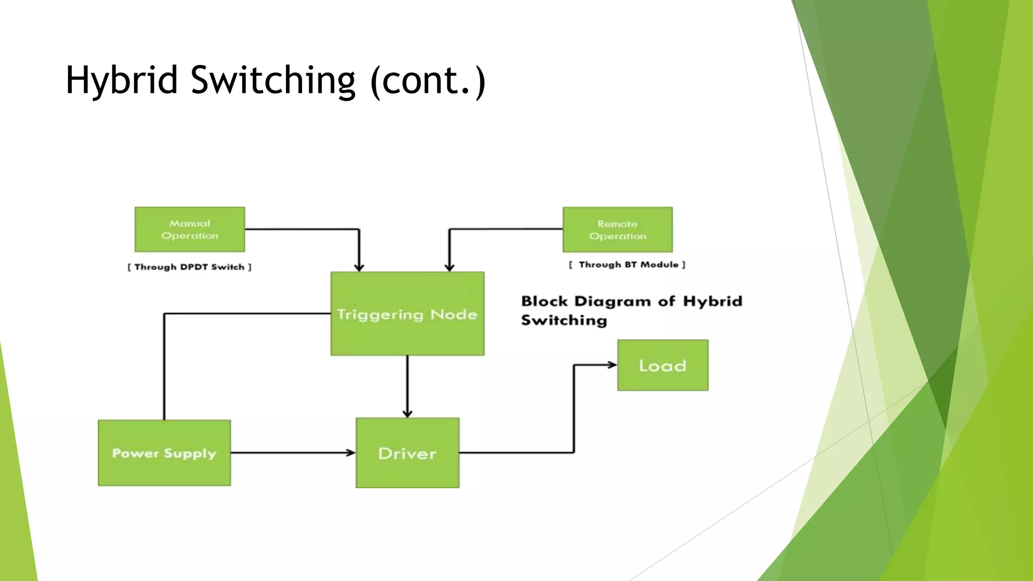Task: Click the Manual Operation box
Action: tap(190, 229)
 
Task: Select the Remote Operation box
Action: tap(617, 229)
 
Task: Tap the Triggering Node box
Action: tap(407, 314)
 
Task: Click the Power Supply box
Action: tap(164, 453)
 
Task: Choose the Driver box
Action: tap(407, 453)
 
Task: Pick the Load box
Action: tap(662, 365)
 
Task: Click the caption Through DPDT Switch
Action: tap(189, 267)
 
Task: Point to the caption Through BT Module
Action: tap(627, 265)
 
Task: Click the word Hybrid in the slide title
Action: tap(122, 81)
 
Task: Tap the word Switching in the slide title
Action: tap(273, 81)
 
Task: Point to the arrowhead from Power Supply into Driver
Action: tap(351, 453)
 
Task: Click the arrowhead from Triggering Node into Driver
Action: tap(408, 413)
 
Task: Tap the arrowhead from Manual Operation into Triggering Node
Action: tap(359, 267)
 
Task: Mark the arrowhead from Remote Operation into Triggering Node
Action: tap(449, 267)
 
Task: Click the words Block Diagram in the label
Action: tap(586, 302)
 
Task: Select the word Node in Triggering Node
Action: tap(453, 314)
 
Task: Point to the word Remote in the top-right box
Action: tap(617, 224)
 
